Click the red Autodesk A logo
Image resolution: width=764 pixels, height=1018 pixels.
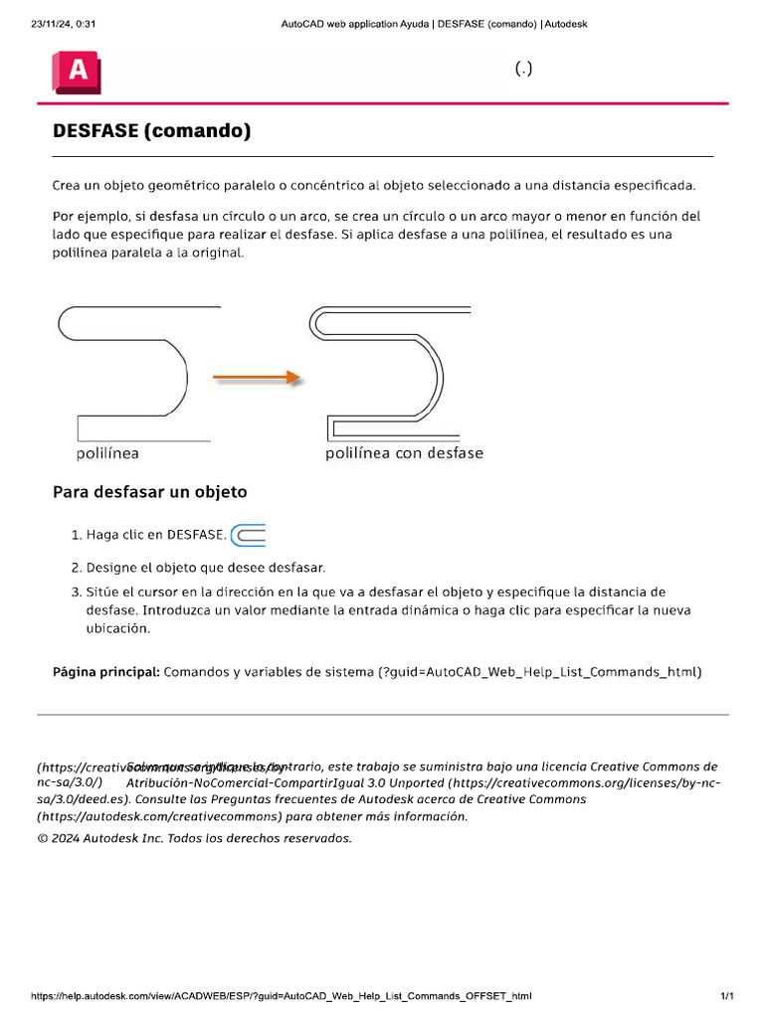[78, 73]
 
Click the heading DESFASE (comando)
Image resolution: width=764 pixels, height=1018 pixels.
[151, 131]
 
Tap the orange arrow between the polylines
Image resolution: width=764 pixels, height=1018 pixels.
[256, 378]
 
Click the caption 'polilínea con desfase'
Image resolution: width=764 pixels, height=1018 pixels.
[404, 453]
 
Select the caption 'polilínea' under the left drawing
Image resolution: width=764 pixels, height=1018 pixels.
[107, 453]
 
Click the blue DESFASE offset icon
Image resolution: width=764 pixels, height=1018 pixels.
[249, 535]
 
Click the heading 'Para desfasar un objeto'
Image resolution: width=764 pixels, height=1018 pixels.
[149, 492]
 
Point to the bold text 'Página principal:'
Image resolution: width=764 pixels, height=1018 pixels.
[105, 672]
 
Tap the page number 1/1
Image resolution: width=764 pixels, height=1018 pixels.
[726, 995]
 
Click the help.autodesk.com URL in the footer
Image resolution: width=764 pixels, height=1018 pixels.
[282, 995]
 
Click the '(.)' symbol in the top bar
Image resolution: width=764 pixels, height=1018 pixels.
[523, 69]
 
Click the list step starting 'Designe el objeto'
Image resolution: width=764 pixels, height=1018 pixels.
[206, 568]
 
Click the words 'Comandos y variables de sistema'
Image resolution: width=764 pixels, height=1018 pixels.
[269, 672]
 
